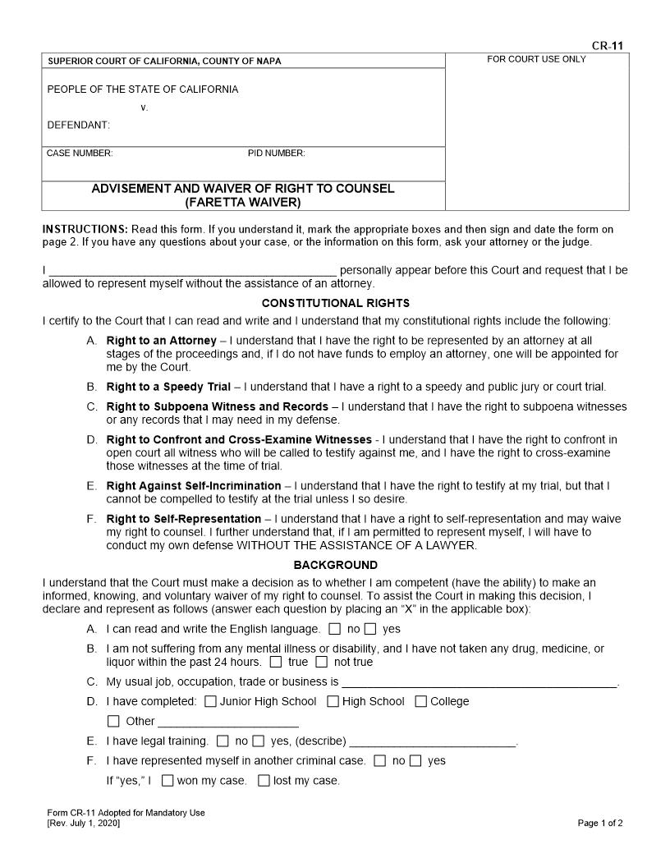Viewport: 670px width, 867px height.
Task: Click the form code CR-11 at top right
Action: (x=611, y=46)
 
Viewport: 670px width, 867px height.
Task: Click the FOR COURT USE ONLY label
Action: (x=536, y=59)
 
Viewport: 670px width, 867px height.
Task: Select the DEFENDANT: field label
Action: (x=78, y=126)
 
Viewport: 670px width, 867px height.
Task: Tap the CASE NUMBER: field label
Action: (x=80, y=154)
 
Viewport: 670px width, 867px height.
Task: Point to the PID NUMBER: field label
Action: (x=277, y=154)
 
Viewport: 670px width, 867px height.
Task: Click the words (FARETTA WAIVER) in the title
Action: (x=243, y=202)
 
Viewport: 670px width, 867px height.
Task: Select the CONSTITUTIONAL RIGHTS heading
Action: (x=335, y=304)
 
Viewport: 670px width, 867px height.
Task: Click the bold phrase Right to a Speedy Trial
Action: (x=168, y=387)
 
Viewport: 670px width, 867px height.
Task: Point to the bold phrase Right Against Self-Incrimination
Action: (x=194, y=486)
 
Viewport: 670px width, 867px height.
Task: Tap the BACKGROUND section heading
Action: (x=335, y=565)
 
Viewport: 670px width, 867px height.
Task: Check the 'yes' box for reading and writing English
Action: (x=370, y=630)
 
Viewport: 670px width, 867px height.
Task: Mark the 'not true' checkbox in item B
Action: (x=322, y=662)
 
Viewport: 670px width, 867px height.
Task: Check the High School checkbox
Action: (x=333, y=701)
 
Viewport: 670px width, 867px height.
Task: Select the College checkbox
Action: (x=421, y=701)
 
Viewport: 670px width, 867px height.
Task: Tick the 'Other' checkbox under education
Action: (x=113, y=721)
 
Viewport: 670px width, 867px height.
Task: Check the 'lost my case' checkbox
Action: (x=264, y=781)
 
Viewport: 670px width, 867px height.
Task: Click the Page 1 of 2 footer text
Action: (x=600, y=823)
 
